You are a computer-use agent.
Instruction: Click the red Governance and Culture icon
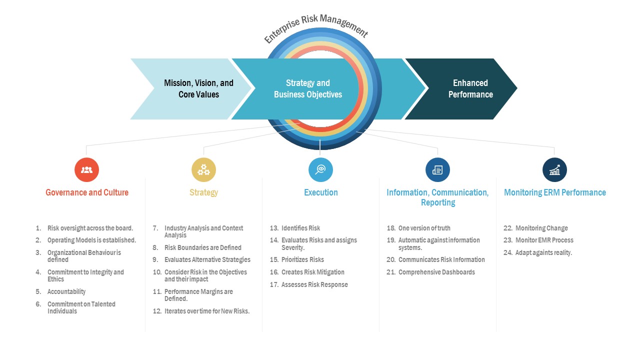[86, 170]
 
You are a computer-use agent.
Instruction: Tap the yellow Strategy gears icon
[203, 170]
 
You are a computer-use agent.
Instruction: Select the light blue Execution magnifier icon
[320, 170]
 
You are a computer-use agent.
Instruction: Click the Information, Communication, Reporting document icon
[437, 170]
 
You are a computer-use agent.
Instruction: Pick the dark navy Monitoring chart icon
[554, 170]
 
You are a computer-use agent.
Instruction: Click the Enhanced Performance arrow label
[470, 89]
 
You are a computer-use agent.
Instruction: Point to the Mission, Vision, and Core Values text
[198, 89]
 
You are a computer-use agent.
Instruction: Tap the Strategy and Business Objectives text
[308, 89]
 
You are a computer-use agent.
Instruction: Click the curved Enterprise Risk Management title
[316, 28]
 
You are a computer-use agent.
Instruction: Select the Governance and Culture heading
[87, 192]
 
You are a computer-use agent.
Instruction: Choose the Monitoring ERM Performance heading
[554, 192]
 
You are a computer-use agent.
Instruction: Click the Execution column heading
[320, 192]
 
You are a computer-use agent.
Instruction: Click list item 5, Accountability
[66, 291]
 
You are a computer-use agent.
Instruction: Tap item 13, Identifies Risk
[300, 228]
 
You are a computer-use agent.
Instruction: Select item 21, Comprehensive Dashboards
[436, 272]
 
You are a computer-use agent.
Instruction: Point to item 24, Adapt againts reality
[543, 252]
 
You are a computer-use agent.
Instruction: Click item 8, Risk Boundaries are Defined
[202, 247]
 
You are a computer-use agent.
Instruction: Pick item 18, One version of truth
[424, 228]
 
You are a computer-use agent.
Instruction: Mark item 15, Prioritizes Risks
[302, 259]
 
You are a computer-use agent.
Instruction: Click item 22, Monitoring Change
[541, 228]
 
